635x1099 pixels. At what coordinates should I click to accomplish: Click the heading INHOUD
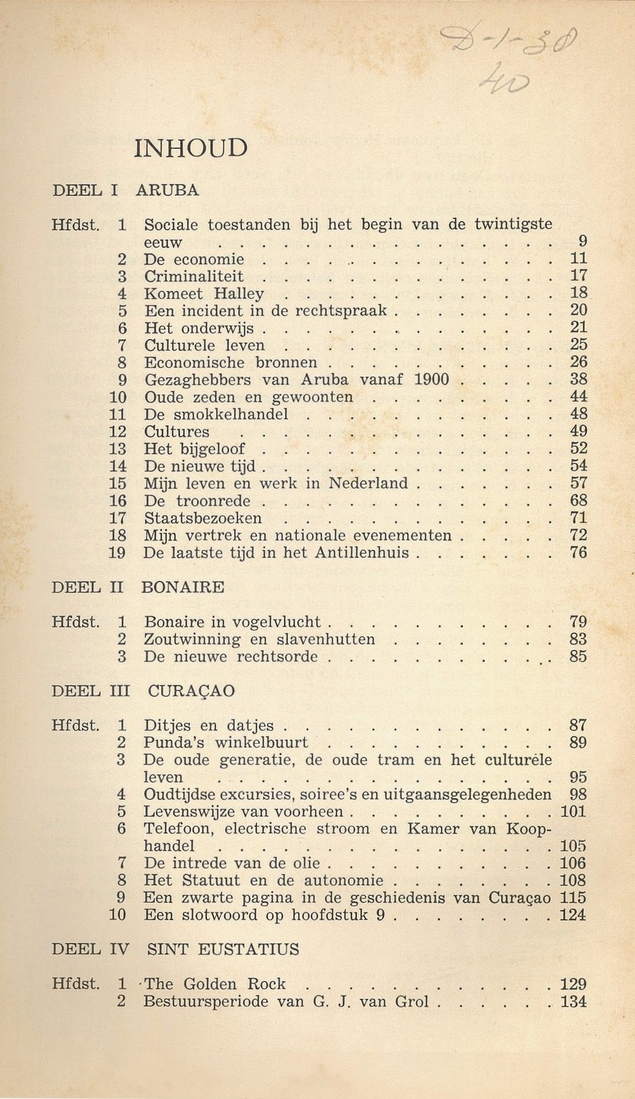pyautogui.click(x=191, y=149)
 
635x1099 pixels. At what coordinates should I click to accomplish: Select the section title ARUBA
pyautogui.click(x=167, y=190)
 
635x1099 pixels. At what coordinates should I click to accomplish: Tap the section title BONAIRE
pyautogui.click(x=183, y=587)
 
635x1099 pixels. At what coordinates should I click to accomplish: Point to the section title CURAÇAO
pyautogui.click(x=191, y=691)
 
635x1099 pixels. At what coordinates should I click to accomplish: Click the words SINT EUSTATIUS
pyautogui.click(x=223, y=950)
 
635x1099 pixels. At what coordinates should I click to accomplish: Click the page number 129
pyautogui.click(x=574, y=984)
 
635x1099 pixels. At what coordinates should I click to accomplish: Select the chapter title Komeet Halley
pyautogui.click(x=204, y=294)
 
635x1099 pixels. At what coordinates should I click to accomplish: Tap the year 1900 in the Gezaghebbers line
pyautogui.click(x=432, y=380)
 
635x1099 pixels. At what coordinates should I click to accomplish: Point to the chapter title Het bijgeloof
pyautogui.click(x=194, y=449)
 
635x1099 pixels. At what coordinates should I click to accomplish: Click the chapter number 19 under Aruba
pyautogui.click(x=117, y=553)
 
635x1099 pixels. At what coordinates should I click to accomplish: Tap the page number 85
pyautogui.click(x=578, y=657)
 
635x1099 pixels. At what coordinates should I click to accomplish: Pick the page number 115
pyautogui.click(x=574, y=898)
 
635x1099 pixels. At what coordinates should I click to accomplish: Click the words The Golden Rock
pyautogui.click(x=215, y=984)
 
